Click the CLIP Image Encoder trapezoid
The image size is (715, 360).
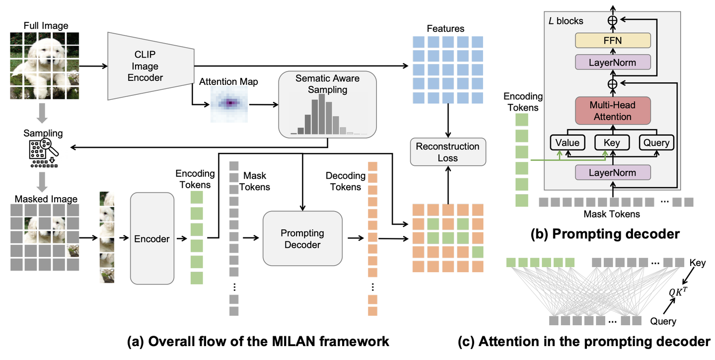coord(149,66)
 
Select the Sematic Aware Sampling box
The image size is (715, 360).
coord(327,104)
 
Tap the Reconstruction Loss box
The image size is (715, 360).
coord(447,152)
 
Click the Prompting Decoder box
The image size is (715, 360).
coord(302,239)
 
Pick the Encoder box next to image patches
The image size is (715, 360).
coord(152,239)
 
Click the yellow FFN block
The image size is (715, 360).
coord(612,41)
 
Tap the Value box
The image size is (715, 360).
coord(568,143)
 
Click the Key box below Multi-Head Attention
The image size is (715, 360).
coord(611,143)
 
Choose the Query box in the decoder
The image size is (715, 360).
coord(656,143)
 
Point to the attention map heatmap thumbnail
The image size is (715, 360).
coord(229,103)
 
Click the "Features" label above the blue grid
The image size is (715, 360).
coord(446,28)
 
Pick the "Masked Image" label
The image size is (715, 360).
coord(46,199)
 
